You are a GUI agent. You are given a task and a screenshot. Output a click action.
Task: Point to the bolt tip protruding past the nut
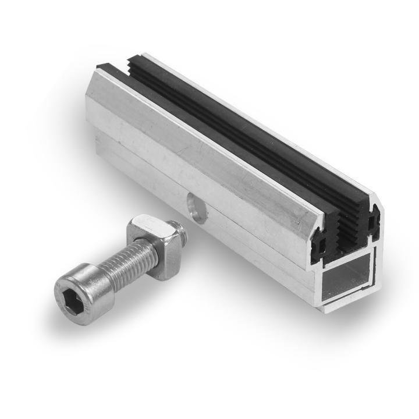click(183, 233)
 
